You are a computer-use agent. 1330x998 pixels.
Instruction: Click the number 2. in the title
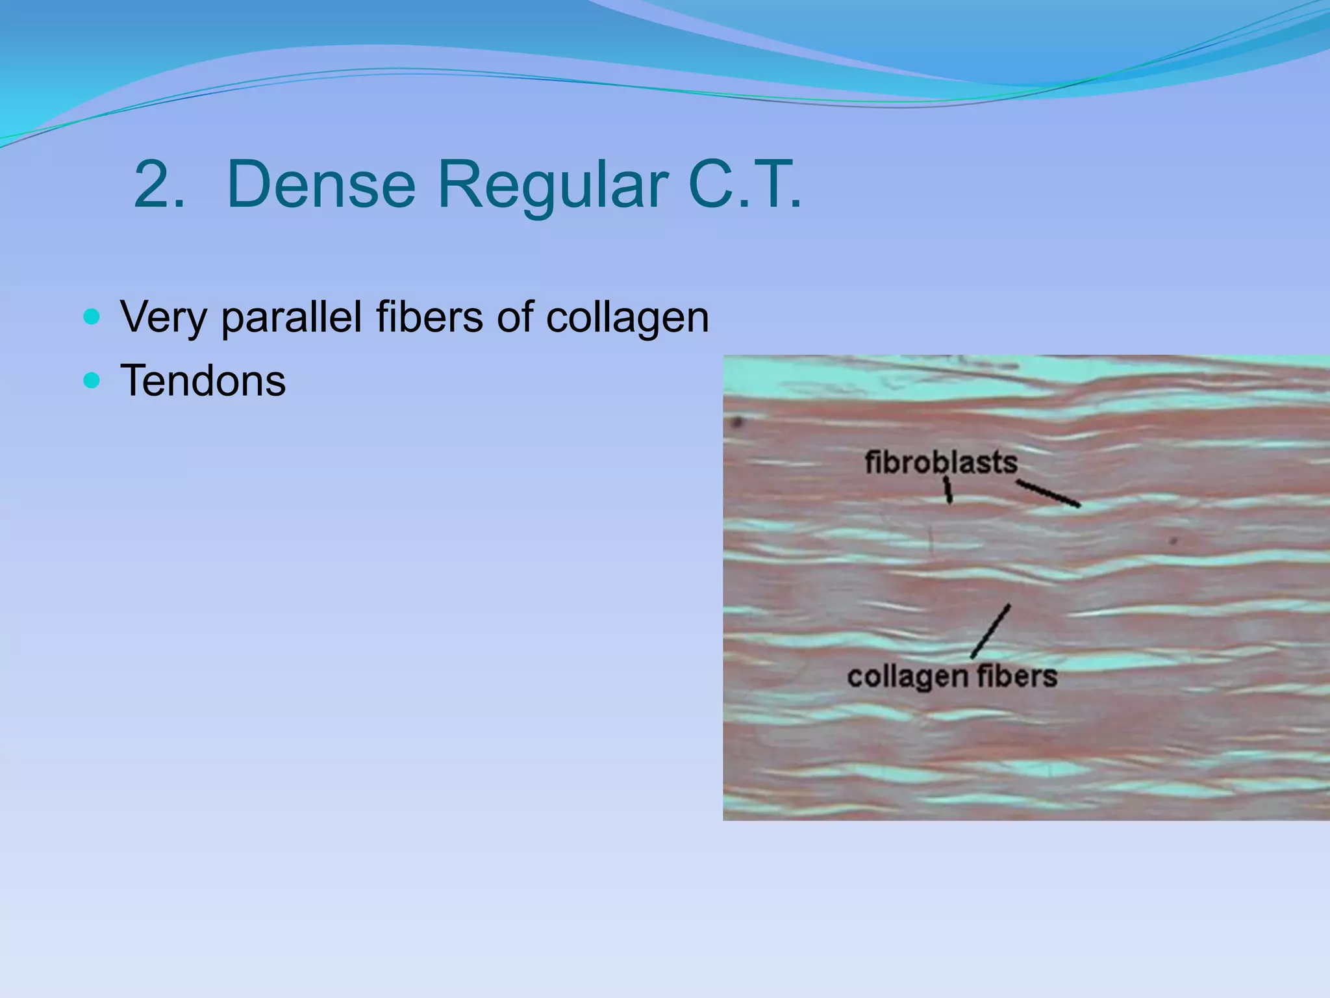pyautogui.click(x=158, y=185)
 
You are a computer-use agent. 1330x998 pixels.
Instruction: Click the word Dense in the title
pyautogui.click(x=321, y=185)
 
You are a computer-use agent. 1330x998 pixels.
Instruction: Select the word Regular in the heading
pyautogui.click(x=552, y=185)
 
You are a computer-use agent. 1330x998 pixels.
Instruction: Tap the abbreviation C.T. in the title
pyautogui.click(x=744, y=185)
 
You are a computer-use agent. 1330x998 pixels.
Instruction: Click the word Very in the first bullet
pyautogui.click(x=164, y=318)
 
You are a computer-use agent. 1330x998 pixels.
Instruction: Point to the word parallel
pyautogui.click(x=291, y=318)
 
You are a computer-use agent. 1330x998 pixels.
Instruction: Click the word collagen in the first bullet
pyautogui.click(x=627, y=318)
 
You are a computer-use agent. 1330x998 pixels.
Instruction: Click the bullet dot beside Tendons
pyautogui.click(x=92, y=379)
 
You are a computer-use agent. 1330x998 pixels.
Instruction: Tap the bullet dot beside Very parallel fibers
pyautogui.click(x=92, y=317)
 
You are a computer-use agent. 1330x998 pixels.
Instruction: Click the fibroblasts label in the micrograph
pyautogui.click(x=941, y=463)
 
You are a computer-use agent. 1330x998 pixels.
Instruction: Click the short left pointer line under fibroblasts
pyautogui.click(x=948, y=491)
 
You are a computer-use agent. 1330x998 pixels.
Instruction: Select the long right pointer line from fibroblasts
pyautogui.click(x=1048, y=493)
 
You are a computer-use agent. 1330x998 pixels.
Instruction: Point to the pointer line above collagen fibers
pyautogui.click(x=990, y=630)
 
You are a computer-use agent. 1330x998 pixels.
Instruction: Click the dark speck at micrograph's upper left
pyautogui.click(x=736, y=423)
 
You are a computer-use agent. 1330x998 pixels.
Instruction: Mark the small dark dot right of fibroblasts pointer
pyautogui.click(x=1173, y=540)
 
